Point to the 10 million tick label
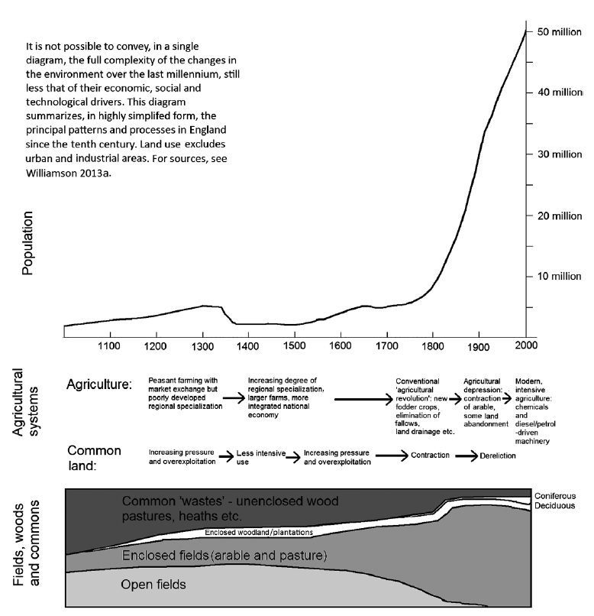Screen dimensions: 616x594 (560, 276)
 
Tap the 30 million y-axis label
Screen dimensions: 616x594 (560, 154)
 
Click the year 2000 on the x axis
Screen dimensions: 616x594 (525, 345)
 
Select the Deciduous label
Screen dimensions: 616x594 (555, 506)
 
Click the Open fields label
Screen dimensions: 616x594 (153, 585)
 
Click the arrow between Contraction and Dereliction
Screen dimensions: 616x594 (466, 456)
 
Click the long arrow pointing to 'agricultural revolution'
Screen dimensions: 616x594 (362, 397)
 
